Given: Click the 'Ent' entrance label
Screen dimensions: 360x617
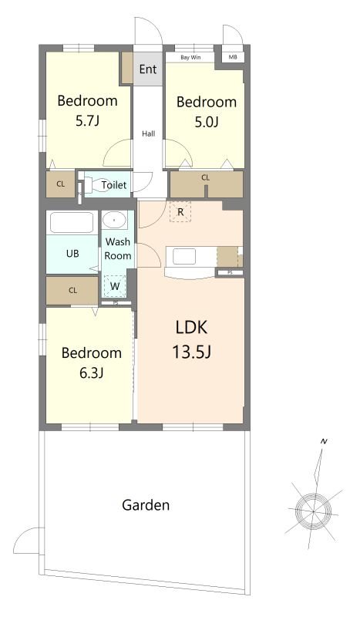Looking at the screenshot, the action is coord(148,69).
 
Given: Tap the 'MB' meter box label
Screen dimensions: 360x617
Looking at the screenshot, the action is coord(233,57).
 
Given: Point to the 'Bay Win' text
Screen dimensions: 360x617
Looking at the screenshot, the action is coord(190,57).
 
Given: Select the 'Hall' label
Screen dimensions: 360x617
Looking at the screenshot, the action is coord(148,133).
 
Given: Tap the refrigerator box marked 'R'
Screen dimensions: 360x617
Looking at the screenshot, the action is coord(180,212).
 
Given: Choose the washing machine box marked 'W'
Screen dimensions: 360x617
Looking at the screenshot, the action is coord(115,285).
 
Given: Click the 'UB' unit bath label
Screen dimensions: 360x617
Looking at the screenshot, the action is coord(72,254).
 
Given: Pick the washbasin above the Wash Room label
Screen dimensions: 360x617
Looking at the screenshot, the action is coord(115,220).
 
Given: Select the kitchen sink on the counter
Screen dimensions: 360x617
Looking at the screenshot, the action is coord(184,257).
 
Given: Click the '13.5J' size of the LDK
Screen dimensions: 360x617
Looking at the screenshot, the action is coord(192,352).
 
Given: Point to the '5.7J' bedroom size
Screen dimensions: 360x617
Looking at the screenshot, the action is coord(87,120).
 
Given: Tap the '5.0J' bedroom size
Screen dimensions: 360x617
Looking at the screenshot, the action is coord(206,122).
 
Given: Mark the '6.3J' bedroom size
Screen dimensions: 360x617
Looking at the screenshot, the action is coord(91,373).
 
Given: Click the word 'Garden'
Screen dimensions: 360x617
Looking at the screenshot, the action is coord(146,505).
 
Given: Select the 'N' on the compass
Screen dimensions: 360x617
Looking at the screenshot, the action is coord(324,441).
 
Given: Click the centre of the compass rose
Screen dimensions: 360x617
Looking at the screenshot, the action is coord(313,511).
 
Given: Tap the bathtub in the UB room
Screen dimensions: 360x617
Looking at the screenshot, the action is coord(72,223).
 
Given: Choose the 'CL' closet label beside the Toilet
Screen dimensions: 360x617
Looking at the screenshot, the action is coord(60,184).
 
